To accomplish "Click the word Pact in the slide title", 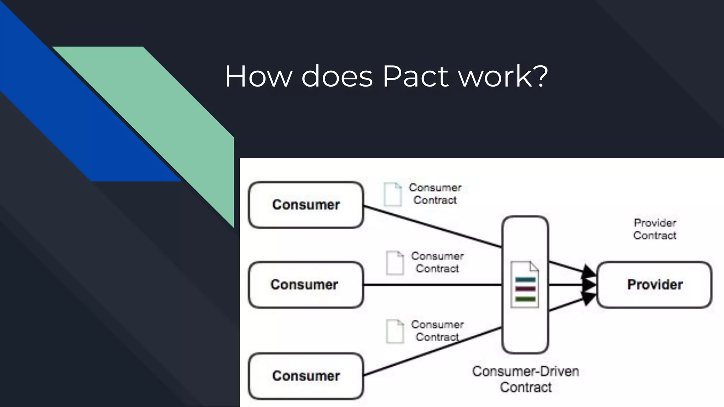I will coord(416,76).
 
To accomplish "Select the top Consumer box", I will coord(306,205).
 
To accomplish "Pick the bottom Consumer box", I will coord(306,376).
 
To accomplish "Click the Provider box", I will coord(654,285).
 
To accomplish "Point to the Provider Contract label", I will coord(655,229).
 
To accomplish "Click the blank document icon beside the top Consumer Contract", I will coord(393,194).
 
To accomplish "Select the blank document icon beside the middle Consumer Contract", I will coord(395,263).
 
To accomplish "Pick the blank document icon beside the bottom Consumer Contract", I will coord(395,331).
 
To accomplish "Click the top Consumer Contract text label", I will coord(435,194).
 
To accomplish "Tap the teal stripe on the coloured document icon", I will coord(525,280).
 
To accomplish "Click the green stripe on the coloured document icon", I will coord(525,299).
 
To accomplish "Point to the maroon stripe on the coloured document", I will coord(525,289).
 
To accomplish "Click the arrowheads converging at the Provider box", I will coord(589,285).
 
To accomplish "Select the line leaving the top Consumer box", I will coord(431,226).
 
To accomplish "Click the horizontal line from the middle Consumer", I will coord(431,285).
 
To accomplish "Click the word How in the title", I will coord(258,76).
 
